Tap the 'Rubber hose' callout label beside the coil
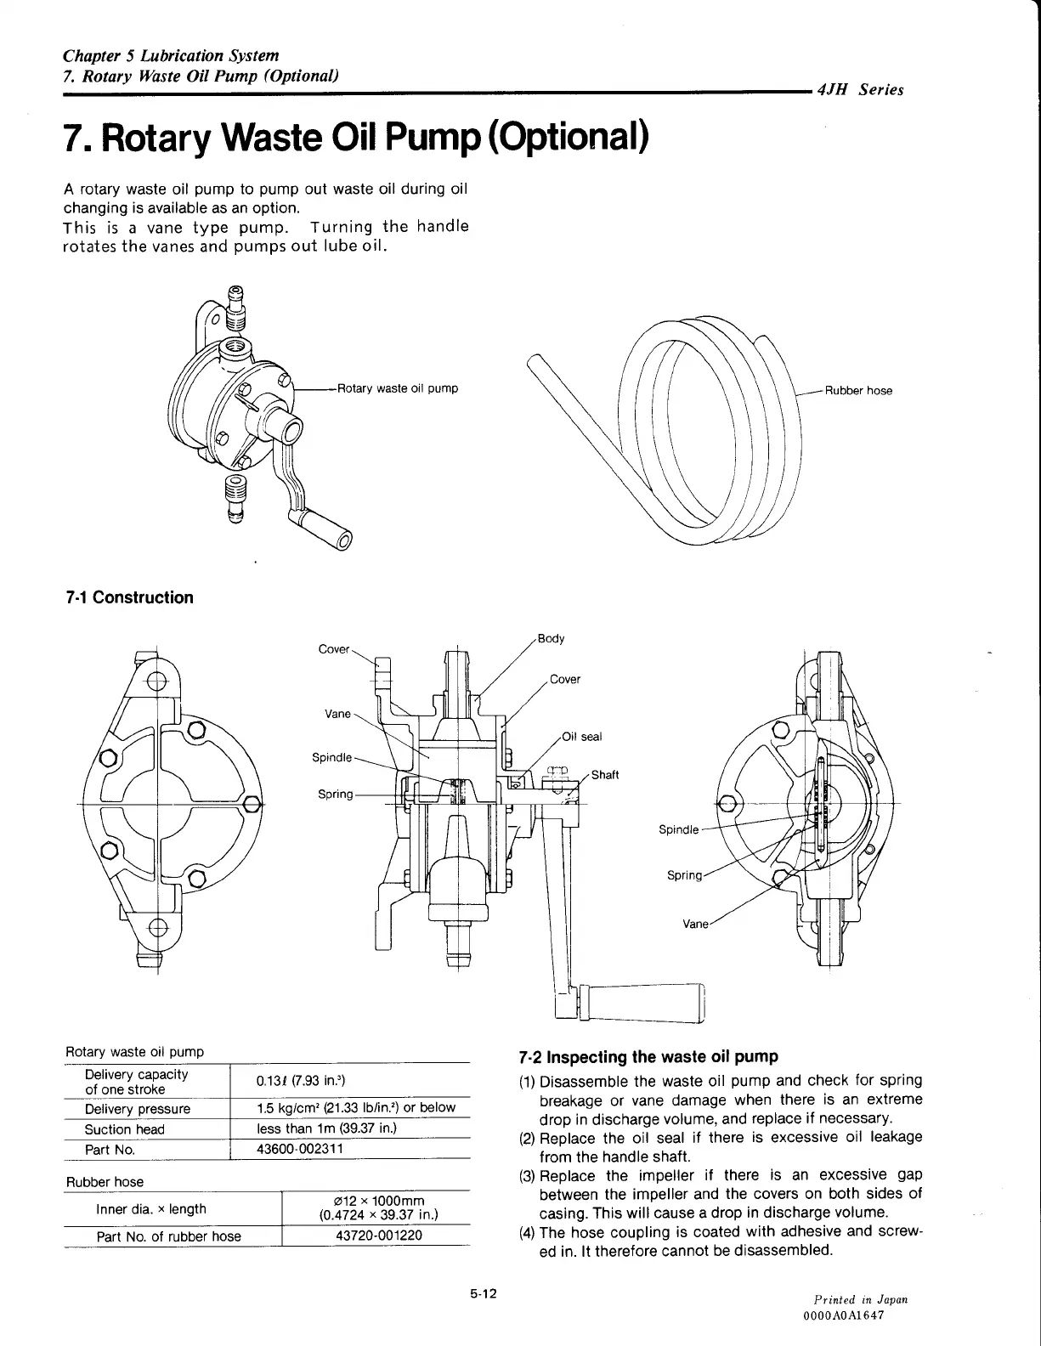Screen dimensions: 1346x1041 point(858,391)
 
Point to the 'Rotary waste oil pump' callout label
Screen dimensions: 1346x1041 point(398,388)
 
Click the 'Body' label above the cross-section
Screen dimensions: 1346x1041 point(552,639)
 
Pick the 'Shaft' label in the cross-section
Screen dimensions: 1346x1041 point(605,774)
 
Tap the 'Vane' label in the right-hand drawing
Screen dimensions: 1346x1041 point(695,924)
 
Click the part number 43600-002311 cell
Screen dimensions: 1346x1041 point(300,1148)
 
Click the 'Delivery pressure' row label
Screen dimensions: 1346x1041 point(138,1108)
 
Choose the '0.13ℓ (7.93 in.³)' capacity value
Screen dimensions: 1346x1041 point(300,1081)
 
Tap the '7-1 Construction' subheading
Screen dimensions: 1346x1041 point(129,597)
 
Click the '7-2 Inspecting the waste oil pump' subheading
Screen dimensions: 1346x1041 point(648,1057)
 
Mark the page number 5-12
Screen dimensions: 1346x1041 point(483,1294)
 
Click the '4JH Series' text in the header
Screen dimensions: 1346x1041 point(860,90)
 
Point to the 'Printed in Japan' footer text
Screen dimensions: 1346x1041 point(860,1300)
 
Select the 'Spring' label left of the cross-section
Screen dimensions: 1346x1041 point(335,794)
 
